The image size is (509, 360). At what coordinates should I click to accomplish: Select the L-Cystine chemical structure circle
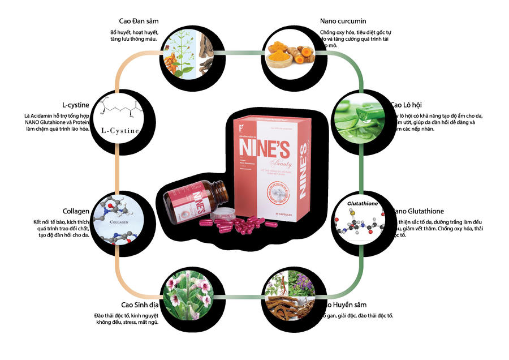click(122, 120)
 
